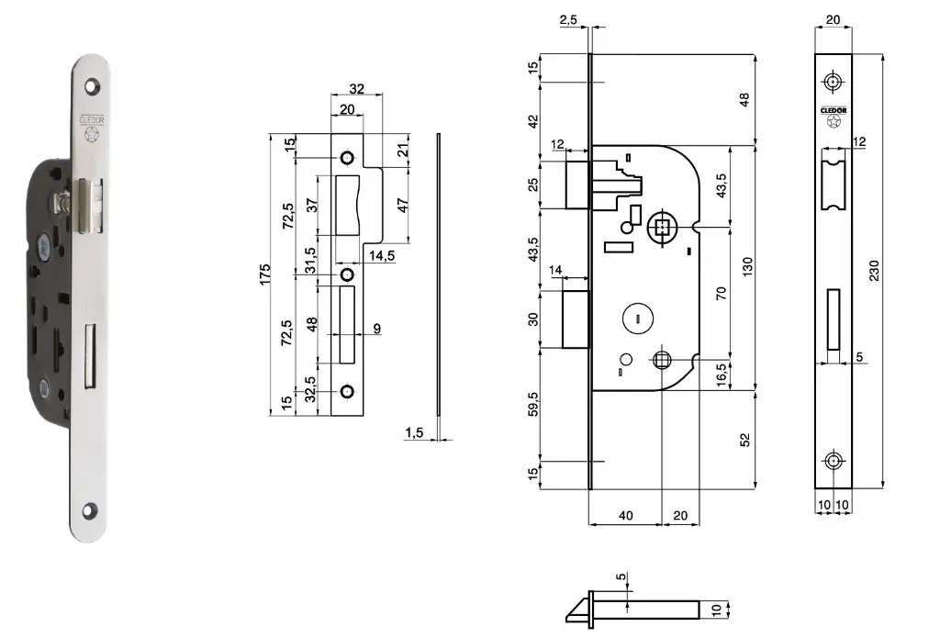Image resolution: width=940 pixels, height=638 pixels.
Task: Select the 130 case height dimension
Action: pos(748,267)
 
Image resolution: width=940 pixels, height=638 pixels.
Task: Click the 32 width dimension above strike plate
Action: pos(357,90)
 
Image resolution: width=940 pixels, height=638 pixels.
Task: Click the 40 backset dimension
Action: pos(624,516)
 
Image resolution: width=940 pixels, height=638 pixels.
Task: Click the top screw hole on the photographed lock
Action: pos(92,85)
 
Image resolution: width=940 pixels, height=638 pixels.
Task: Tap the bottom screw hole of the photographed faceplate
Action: pos(92,508)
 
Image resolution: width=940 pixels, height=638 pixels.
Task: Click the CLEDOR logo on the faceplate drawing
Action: pos(834,110)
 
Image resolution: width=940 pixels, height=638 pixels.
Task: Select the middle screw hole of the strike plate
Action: pos(347,274)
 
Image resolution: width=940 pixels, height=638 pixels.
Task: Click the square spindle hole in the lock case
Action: pos(661,228)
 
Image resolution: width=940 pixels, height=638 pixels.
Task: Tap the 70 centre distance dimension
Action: pos(721,294)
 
